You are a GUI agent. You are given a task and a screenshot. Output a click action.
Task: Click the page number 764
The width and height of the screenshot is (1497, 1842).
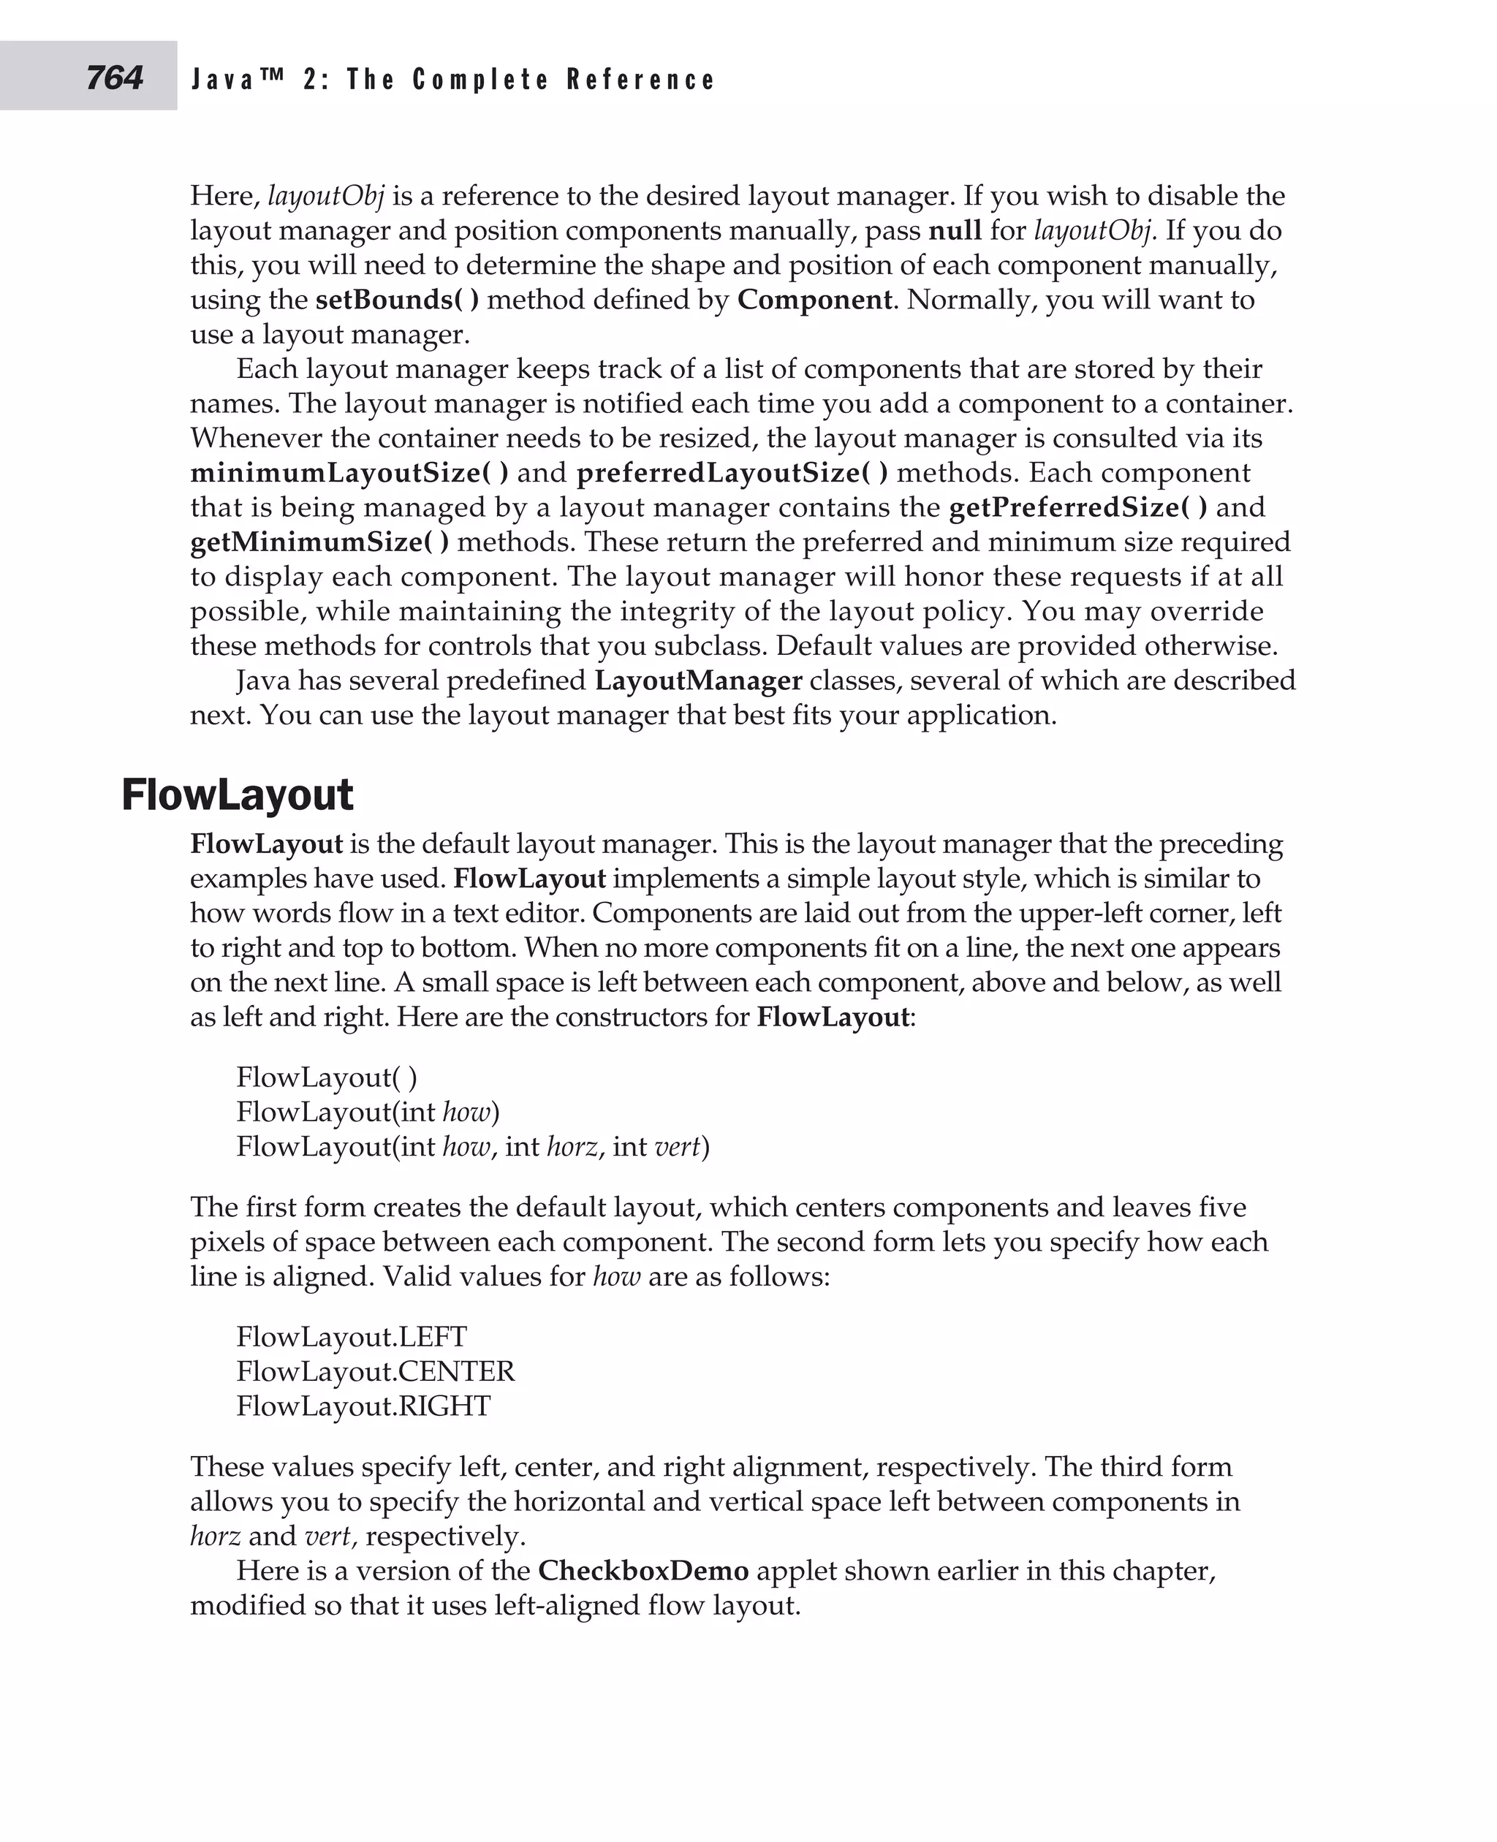point(114,78)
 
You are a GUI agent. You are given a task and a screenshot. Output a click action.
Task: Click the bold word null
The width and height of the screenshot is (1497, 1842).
point(954,231)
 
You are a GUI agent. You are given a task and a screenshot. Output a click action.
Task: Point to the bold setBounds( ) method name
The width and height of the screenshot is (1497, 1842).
point(397,300)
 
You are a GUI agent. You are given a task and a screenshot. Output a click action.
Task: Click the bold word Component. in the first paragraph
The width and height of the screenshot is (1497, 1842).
point(815,300)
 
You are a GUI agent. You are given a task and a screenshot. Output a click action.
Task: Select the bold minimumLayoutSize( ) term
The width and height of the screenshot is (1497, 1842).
point(349,474)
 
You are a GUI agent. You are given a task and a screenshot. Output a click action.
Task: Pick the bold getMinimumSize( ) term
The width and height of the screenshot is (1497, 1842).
point(319,542)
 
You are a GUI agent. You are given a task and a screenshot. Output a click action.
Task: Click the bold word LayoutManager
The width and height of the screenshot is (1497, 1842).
point(699,681)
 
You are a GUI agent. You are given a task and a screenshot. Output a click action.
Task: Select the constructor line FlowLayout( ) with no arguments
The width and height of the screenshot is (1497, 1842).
point(327,1077)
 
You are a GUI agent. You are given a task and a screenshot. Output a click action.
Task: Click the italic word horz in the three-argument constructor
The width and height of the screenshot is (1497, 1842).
point(572,1147)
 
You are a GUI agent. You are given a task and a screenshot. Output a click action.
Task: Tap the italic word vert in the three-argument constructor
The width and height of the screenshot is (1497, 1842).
point(677,1147)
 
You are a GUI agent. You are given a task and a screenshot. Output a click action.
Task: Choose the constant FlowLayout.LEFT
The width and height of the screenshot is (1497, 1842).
point(351,1337)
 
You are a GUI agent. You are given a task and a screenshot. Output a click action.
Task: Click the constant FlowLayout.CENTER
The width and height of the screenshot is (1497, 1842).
point(375,1371)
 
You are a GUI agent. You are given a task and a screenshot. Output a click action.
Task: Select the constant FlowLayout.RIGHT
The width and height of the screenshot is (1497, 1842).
point(363,1406)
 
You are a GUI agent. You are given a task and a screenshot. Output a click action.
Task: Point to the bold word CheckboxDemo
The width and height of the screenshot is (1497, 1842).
point(643,1570)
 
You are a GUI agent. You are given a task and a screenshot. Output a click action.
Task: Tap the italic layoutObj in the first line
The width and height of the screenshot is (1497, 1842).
point(325,197)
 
